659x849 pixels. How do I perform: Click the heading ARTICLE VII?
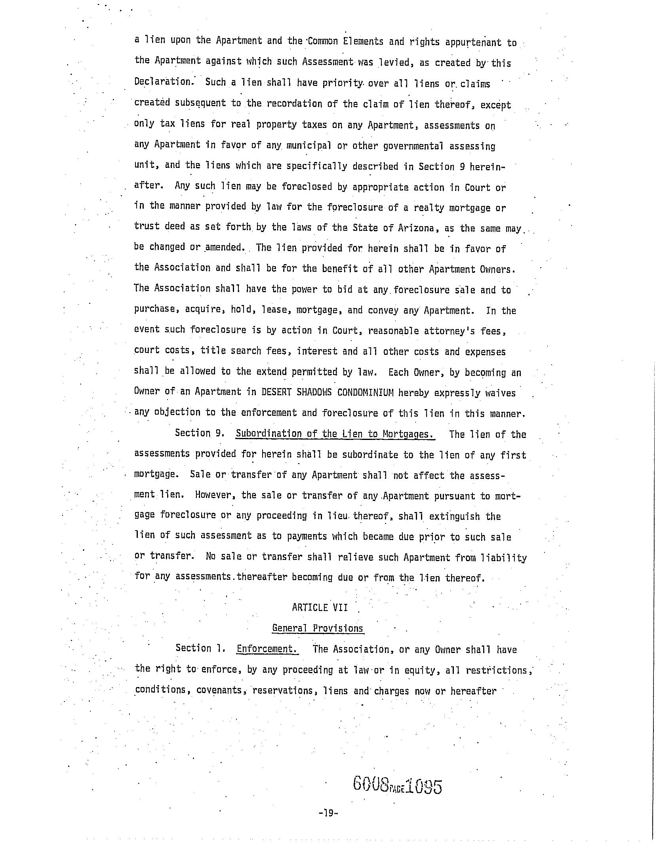coord(320,607)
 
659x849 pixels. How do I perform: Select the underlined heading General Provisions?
coord(318,628)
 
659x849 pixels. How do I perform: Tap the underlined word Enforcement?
coord(267,649)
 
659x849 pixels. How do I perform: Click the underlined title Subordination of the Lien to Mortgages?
coord(335,434)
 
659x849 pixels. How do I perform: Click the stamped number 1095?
coord(423,786)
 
